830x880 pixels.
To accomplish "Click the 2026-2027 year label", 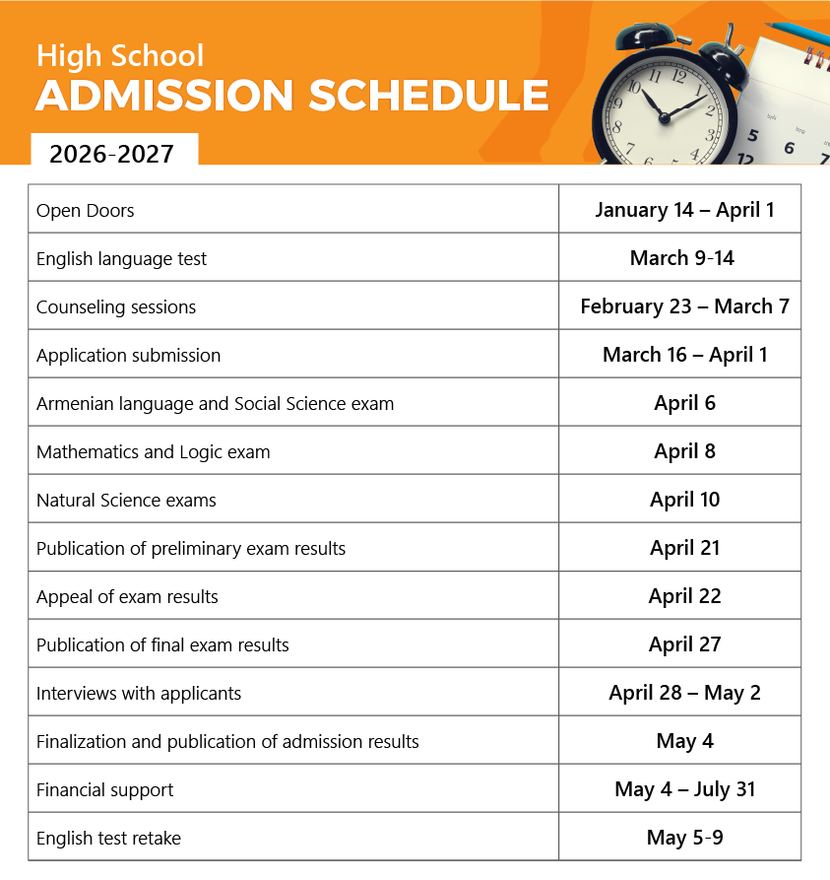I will coord(111,154).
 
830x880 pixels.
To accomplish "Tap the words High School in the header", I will coord(120,55).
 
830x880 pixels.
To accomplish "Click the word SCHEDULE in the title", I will coord(428,96).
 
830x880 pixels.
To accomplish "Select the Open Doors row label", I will coord(86,211).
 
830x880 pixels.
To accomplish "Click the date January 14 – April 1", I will coord(684,210).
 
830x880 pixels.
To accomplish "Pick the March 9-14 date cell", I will coord(682,258).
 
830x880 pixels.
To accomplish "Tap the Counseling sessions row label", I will coord(116,307).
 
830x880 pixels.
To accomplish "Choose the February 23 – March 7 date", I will coord(684,306).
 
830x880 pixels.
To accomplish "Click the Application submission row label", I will coord(129,356).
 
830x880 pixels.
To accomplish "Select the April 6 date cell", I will coord(684,403).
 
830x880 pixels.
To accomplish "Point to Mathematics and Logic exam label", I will coord(154,452).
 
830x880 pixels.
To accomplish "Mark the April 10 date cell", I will coord(684,500).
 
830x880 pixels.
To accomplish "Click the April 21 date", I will coord(684,548).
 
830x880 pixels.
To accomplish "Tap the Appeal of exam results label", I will coord(127,597).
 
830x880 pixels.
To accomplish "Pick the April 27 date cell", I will coord(684,644).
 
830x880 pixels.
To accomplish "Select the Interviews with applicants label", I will coord(139,694).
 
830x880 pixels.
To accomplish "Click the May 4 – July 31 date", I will coord(684,789).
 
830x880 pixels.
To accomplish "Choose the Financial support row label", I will coord(104,790).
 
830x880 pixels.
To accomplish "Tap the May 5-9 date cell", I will coord(684,838).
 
